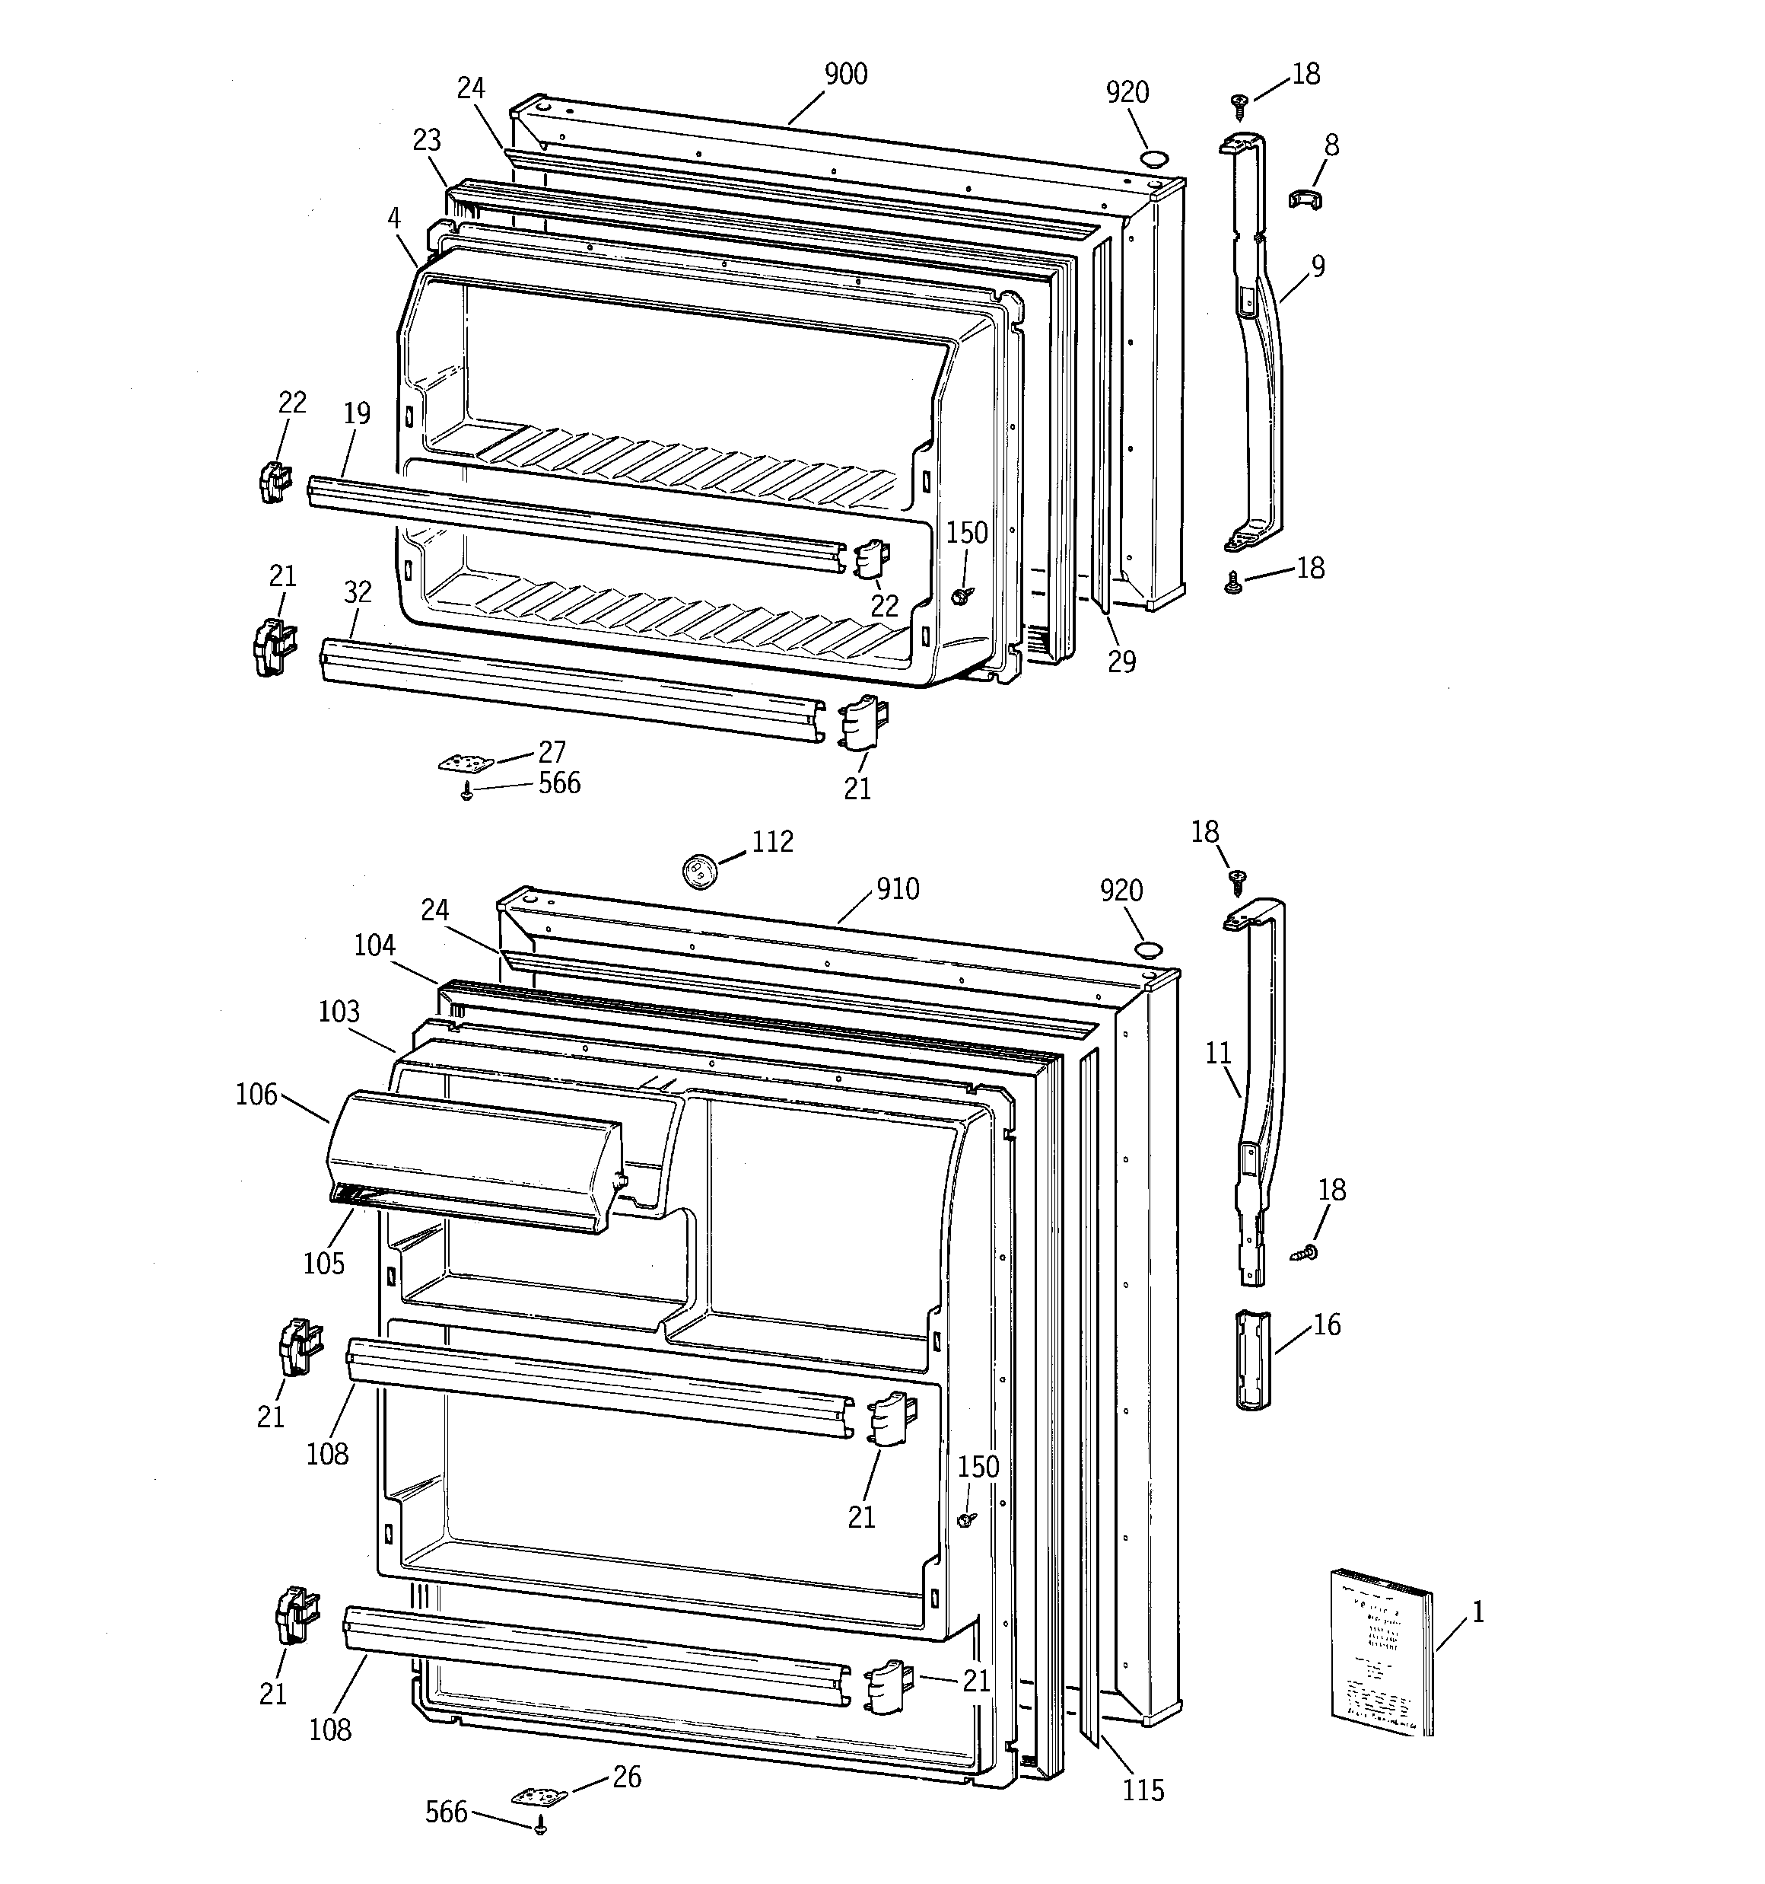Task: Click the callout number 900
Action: tap(845, 74)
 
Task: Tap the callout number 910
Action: tap(897, 888)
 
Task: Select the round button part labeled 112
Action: tap(699, 869)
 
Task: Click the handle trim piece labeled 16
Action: tap(1251, 1361)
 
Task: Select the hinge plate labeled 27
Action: tap(466, 762)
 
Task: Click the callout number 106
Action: tap(256, 1095)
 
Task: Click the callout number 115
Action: tap(1143, 1790)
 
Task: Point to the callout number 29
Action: tap(1121, 661)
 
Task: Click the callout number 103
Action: tap(339, 1010)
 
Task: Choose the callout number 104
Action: tap(374, 945)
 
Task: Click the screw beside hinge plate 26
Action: tap(541, 1825)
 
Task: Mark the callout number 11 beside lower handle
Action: tap(1218, 1052)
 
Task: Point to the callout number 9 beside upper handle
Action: tap(1318, 266)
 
